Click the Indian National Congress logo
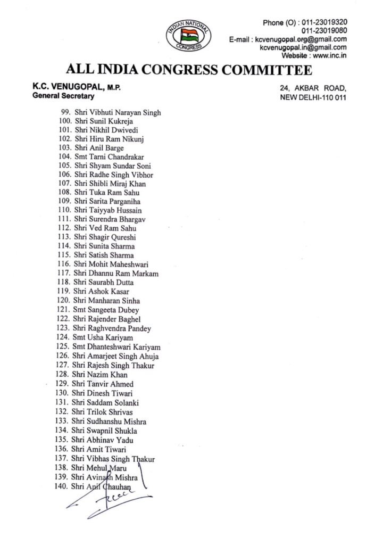[x=189, y=36]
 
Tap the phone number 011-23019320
[x=324, y=22]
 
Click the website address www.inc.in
[x=330, y=55]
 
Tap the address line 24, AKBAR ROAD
[x=313, y=88]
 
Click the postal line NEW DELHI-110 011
[x=313, y=98]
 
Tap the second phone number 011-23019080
[x=324, y=30]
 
